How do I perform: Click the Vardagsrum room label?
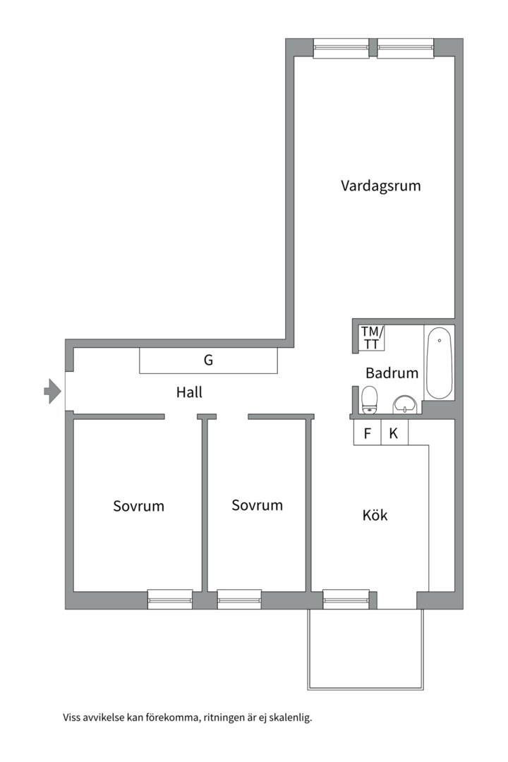[381, 186]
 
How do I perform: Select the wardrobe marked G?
[208, 361]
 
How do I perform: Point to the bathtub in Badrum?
[439, 362]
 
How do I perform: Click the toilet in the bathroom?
[370, 399]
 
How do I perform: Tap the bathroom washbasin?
[404, 404]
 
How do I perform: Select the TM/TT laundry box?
[371, 338]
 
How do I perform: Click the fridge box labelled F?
[367, 433]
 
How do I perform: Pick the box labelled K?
[394, 433]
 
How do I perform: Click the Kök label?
[375, 515]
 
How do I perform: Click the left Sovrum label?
[138, 506]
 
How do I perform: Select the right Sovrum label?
[257, 505]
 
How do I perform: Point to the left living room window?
[341, 48]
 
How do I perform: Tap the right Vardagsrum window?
[405, 48]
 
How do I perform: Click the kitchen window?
[346, 599]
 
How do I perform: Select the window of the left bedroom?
[170, 599]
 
